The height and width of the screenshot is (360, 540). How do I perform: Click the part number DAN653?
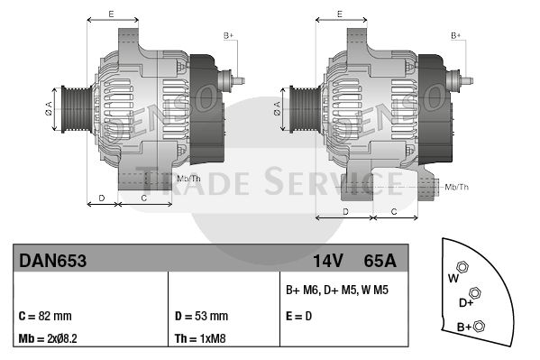[52, 261]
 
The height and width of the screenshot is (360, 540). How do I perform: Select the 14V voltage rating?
[328, 261]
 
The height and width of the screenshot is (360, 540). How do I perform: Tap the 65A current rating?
[380, 261]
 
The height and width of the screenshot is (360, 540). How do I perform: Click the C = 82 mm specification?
[45, 316]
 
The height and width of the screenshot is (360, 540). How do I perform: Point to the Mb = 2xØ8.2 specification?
[48, 338]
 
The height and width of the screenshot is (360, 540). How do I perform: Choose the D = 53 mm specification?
[201, 316]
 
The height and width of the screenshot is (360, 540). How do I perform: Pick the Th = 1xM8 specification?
[200, 338]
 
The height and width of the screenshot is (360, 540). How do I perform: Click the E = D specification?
[299, 316]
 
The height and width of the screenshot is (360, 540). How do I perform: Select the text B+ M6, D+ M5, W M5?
[337, 290]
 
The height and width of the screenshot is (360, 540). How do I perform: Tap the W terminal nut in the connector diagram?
[462, 267]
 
